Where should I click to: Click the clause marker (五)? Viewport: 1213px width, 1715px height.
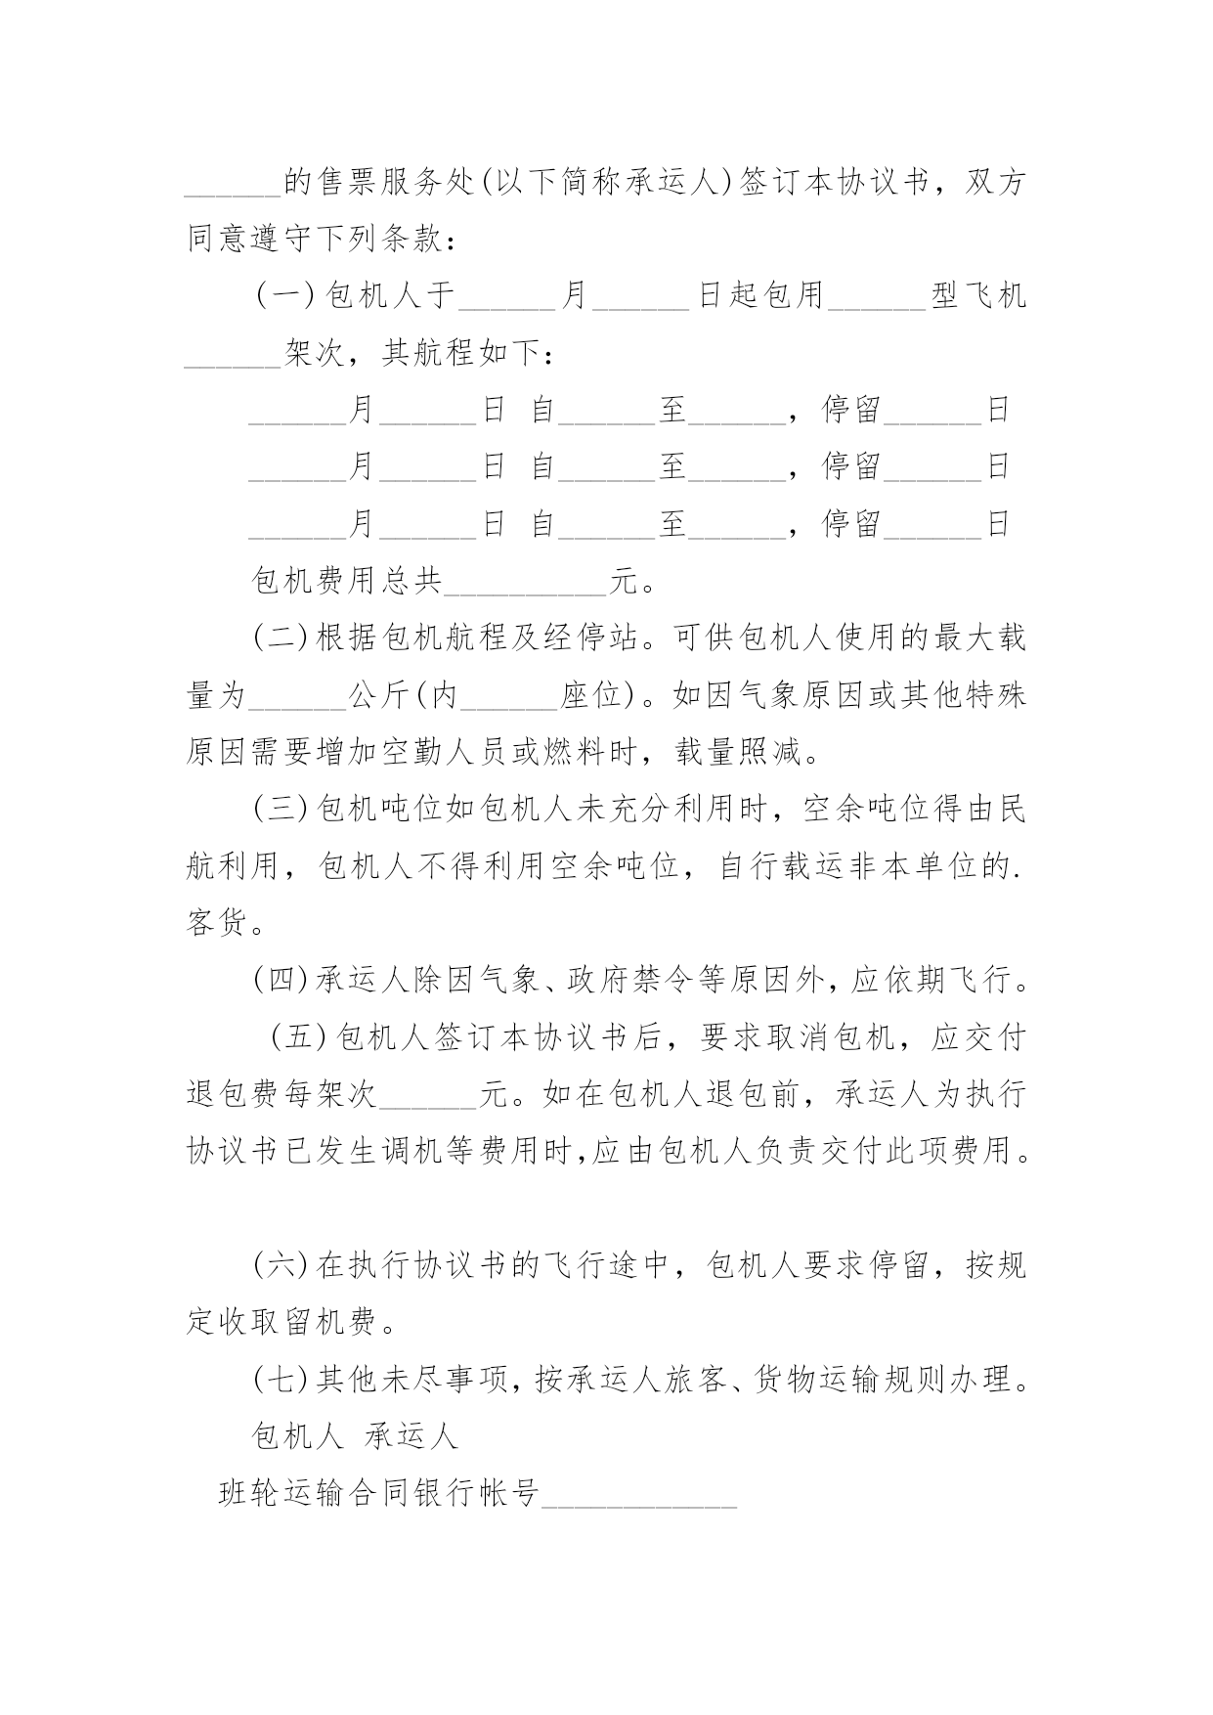(301, 1036)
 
